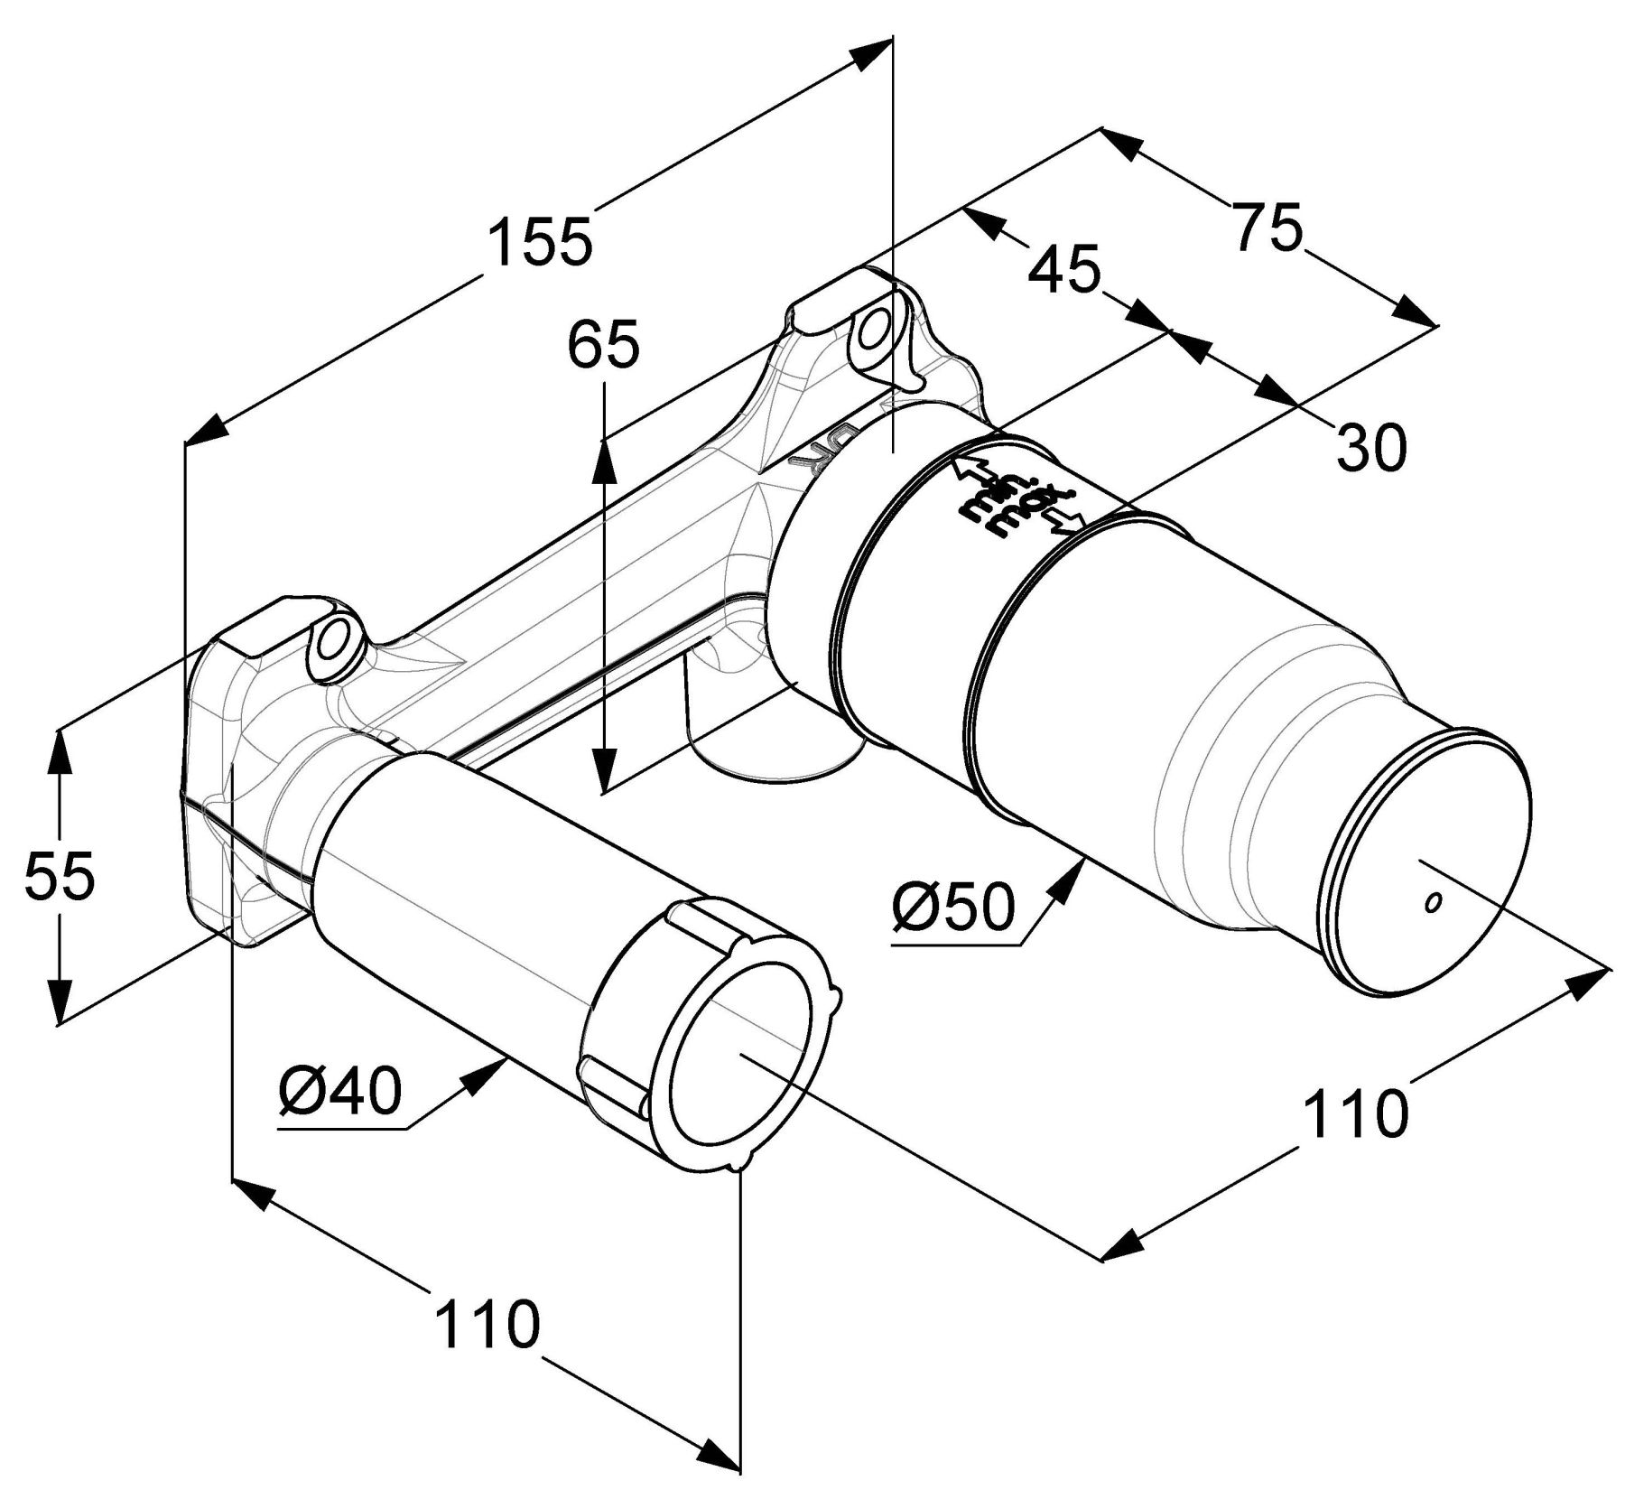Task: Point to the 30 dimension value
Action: click(1370, 447)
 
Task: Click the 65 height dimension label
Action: click(603, 345)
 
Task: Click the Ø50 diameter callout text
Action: click(954, 907)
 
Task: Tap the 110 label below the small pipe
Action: click(487, 1324)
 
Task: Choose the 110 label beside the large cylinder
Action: click(1357, 1113)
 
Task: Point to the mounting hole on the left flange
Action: click(333, 642)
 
